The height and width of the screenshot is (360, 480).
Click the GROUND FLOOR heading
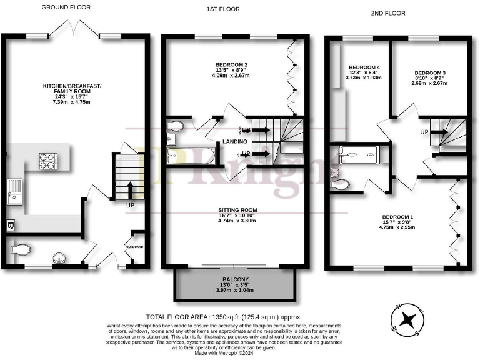point(66,7)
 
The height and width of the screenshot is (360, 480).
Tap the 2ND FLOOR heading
point(387,12)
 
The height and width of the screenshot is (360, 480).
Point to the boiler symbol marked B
point(9,225)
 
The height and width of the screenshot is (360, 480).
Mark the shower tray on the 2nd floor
point(359,154)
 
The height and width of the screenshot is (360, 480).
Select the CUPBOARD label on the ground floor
point(135,247)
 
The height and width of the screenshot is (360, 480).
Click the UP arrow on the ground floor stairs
point(131,189)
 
